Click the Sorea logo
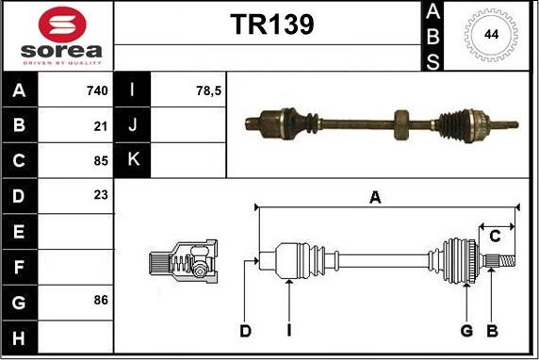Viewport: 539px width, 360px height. [x=57, y=37]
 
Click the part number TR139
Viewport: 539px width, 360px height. [x=271, y=25]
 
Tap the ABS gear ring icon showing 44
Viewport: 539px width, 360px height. [x=491, y=36]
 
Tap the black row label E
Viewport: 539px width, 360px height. [x=19, y=229]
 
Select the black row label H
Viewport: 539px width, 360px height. [x=19, y=335]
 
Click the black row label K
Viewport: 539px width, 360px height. [x=132, y=159]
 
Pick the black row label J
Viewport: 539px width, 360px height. [x=132, y=125]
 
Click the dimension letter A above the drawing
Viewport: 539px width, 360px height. [x=375, y=197]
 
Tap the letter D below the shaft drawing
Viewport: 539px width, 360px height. [x=245, y=330]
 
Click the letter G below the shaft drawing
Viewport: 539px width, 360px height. [x=466, y=330]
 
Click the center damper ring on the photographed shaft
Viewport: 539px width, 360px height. [x=401, y=122]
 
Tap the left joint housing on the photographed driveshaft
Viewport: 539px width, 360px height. [x=277, y=121]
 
